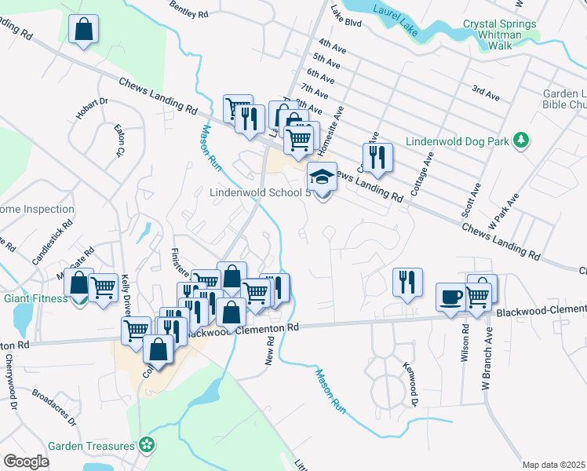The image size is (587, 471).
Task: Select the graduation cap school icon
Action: (x=322, y=177)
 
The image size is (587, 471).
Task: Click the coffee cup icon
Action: (x=451, y=298)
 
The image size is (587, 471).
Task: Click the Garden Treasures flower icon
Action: (x=146, y=445)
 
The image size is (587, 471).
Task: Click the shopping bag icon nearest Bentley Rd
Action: (x=83, y=31)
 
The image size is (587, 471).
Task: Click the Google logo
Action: (x=26, y=461)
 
